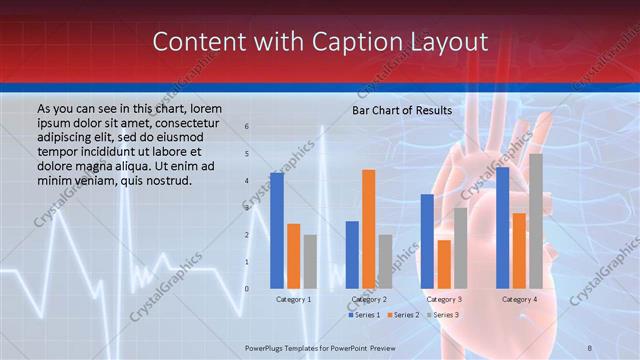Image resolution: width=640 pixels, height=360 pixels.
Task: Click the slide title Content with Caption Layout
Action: pos(320,42)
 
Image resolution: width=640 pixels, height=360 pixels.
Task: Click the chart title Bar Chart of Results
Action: pos(402,110)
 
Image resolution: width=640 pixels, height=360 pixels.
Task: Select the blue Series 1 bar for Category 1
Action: pos(276,230)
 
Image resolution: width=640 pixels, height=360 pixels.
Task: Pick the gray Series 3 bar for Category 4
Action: pos(536,220)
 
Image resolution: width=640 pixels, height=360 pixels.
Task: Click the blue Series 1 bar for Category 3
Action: pos(427,240)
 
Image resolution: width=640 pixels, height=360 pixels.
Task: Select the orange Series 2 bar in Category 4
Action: pos(519,250)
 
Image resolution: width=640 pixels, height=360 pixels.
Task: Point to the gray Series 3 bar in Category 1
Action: pos(310,261)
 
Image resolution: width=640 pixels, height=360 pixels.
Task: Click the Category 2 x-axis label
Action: pos(369,299)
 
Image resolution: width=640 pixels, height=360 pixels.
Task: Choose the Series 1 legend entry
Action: pos(364,315)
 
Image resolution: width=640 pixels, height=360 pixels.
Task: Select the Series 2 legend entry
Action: pos(403,315)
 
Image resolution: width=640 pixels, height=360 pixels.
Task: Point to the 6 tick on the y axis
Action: pos(247,127)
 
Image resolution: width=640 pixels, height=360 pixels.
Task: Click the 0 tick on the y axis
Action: pos(247,289)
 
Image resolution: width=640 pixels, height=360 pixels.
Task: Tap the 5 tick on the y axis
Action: pos(247,154)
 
